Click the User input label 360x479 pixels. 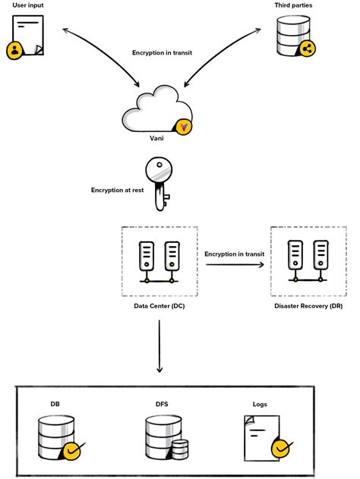point(27,5)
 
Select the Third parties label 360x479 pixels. point(294,5)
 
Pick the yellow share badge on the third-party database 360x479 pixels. point(307,49)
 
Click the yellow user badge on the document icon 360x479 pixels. point(14,52)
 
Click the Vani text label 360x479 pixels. point(156,138)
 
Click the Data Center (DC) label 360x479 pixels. point(159,305)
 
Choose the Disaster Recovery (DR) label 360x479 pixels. point(308,305)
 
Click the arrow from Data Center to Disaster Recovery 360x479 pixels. point(234,264)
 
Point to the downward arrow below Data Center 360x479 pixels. point(159,345)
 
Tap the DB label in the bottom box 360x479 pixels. point(55,404)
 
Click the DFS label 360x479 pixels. point(161,404)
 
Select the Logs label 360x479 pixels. point(260,404)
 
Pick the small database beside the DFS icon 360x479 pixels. point(179,449)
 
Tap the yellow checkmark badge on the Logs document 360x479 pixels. point(282,448)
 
